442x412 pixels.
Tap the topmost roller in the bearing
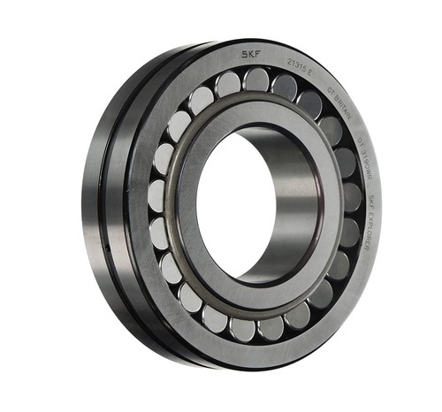coord(256,81)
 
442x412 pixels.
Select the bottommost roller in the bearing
coord(245,328)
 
